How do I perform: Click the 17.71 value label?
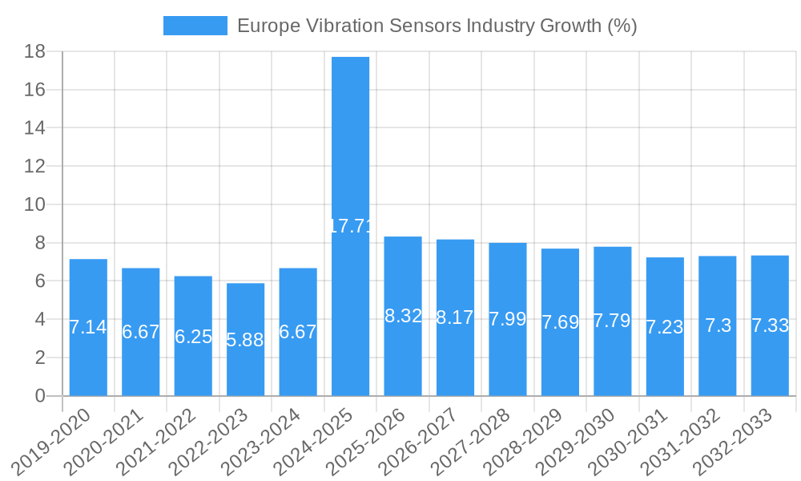(351, 226)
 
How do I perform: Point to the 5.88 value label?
(245, 340)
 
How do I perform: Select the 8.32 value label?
(403, 316)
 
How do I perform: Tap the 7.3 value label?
(718, 326)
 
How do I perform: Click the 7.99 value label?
(508, 319)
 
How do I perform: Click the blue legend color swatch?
(195, 26)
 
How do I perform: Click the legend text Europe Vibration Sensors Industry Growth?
(437, 26)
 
